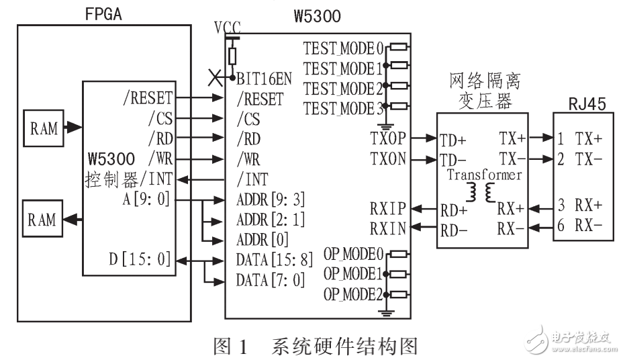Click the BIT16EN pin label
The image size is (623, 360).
pyautogui.click(x=263, y=78)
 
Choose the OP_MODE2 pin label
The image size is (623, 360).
pyautogui.click(x=352, y=294)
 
